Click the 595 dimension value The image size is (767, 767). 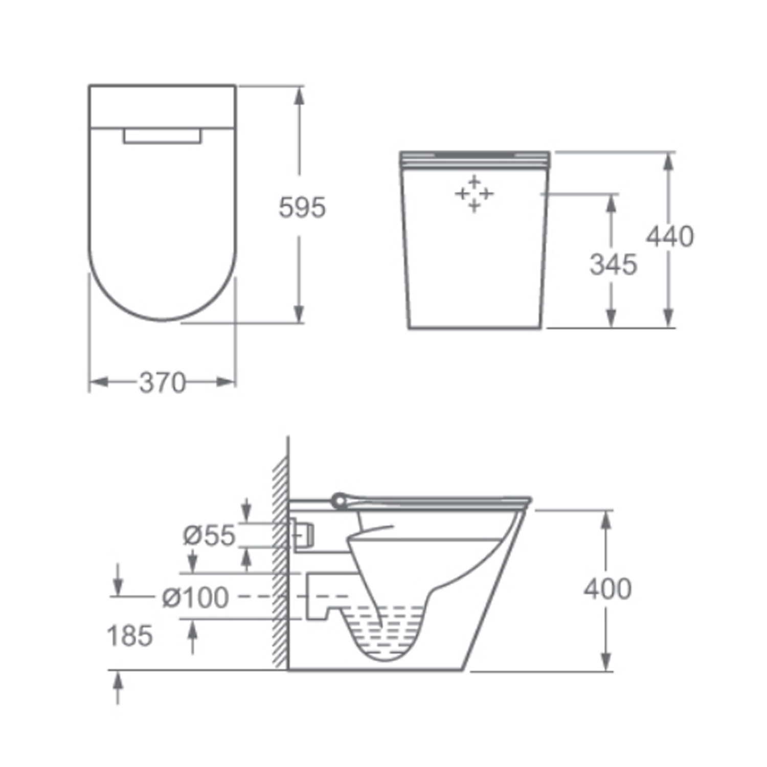[x=302, y=208]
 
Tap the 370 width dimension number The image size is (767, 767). [x=162, y=382]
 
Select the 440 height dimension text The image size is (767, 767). [x=669, y=236]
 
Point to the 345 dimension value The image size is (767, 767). [x=613, y=264]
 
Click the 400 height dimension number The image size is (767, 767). [x=607, y=589]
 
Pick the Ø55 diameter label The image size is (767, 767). [x=209, y=535]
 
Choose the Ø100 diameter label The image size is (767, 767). [x=195, y=597]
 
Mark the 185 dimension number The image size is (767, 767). [x=129, y=636]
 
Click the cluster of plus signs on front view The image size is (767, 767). [x=474, y=194]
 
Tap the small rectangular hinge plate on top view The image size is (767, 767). [x=162, y=136]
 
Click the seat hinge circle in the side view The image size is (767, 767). [x=339, y=501]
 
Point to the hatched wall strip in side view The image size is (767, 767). [x=280, y=562]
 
